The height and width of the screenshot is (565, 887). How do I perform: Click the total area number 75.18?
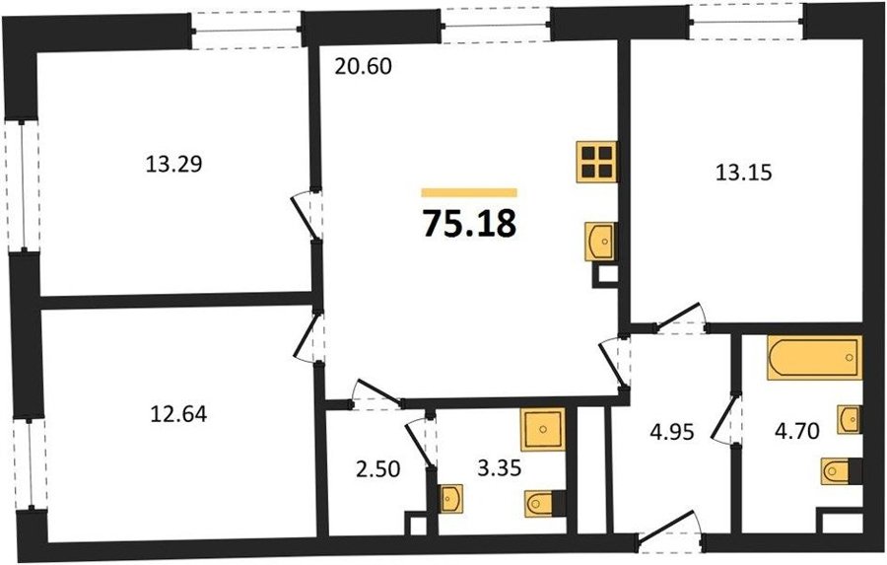pos(469,224)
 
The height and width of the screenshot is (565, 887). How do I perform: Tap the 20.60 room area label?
pos(363,67)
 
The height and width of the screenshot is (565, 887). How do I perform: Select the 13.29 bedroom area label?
pos(174,165)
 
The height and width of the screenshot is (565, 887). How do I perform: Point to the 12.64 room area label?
pos(178,415)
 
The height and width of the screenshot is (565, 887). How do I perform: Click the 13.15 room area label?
pos(743,173)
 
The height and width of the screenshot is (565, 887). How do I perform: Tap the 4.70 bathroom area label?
pos(797,432)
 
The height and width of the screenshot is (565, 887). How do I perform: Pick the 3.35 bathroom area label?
pos(499,468)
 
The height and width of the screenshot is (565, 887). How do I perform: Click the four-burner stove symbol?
pos(597,162)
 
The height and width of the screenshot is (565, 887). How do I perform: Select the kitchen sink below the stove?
pos(601,242)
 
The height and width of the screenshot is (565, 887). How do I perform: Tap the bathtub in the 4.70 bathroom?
pos(815,357)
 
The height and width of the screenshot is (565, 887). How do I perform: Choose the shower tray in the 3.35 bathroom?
pos(542,429)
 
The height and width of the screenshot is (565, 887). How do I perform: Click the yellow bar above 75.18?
pos(469,192)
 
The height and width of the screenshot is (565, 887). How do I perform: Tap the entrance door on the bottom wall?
pos(670,531)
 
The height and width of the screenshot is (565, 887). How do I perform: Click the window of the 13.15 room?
pos(747,22)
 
